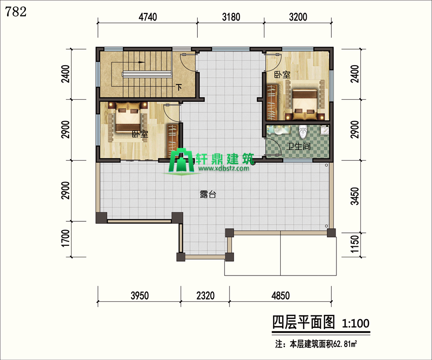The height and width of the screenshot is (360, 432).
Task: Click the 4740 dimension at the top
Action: point(148,17)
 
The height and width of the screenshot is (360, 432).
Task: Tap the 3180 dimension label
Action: point(231,17)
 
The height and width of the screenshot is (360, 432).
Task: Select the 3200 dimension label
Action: point(298,17)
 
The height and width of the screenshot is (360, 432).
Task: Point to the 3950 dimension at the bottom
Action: point(139,296)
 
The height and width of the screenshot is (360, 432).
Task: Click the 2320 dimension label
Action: point(205,296)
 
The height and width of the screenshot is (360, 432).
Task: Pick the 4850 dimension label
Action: point(280,296)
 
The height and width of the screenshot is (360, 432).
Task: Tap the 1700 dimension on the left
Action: point(66,238)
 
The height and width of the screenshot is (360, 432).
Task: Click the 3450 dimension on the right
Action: point(355,196)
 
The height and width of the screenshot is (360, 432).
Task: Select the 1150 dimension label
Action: point(355,244)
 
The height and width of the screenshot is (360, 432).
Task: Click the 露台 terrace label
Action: point(208,194)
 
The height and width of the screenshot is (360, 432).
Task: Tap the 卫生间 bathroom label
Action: point(298,146)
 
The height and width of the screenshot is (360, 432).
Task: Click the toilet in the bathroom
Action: point(303,132)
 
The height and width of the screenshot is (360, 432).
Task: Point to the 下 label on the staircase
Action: point(179,87)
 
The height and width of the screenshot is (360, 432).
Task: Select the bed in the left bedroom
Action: point(128,117)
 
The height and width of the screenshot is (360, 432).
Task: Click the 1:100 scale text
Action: point(355,323)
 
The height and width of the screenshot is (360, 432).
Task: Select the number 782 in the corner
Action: point(16,12)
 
